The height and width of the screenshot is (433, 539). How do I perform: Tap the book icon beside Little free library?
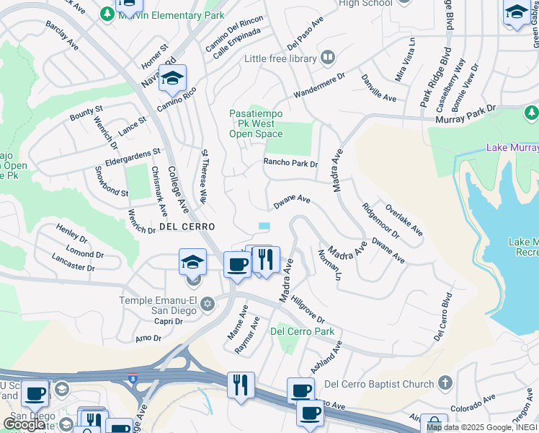pos(327,57)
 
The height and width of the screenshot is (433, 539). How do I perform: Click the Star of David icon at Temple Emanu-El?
pos(208,302)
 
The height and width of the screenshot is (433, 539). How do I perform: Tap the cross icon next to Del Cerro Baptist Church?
pos(445,382)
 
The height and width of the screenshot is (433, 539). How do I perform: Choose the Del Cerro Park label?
pos(303,331)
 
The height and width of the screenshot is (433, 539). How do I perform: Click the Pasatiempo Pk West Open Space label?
pos(256,123)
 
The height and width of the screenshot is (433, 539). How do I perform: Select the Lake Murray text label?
pos(512,147)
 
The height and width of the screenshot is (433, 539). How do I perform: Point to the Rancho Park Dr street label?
pos(290,164)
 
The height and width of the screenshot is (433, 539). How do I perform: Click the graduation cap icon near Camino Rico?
pos(172,79)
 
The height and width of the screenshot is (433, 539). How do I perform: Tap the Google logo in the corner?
pos(24,424)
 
